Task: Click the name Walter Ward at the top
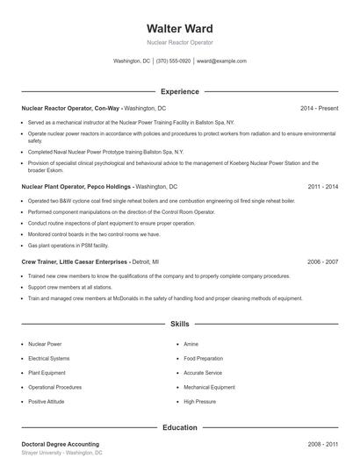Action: point(179,28)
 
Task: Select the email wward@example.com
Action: point(221,61)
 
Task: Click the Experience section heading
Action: point(179,91)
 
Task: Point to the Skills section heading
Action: point(179,325)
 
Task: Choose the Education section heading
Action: point(179,427)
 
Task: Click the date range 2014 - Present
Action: point(319,108)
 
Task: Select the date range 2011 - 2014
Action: point(322,187)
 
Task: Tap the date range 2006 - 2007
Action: point(322,261)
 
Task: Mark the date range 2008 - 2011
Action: point(322,444)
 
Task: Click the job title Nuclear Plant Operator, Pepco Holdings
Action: point(77,187)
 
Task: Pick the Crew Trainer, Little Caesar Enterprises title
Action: point(75,261)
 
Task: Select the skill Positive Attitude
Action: point(47,401)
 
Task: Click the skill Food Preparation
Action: point(204,359)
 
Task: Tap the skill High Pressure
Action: point(199,401)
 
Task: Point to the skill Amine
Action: point(191,345)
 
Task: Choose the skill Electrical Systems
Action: point(49,359)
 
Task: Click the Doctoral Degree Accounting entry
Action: point(60,444)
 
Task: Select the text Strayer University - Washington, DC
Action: point(61,453)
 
